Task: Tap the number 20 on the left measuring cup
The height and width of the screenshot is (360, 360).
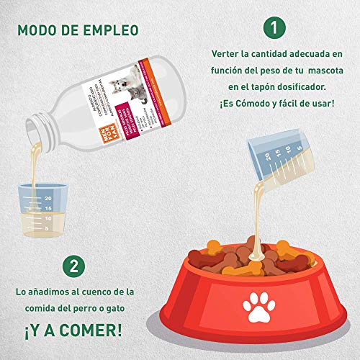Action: (x=48, y=197)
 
